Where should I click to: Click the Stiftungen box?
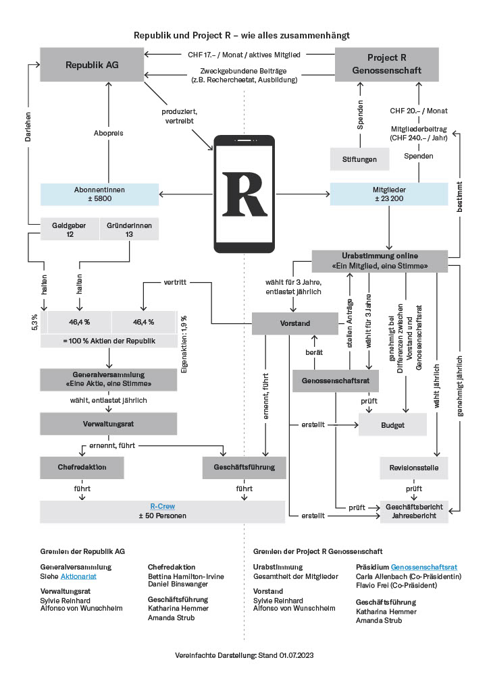pos(363,160)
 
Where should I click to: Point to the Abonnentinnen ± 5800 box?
pos(99,194)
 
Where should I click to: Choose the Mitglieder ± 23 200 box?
pos(388,194)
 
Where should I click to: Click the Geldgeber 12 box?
pos(70,229)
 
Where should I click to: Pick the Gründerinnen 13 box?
pos(129,229)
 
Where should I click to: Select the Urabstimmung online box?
pos(380,260)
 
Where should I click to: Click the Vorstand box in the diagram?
pos(294,323)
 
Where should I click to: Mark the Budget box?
pos(392,425)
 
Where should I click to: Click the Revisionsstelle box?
pos(414,468)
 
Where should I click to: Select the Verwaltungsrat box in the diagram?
pos(108,424)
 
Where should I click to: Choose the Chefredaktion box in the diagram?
pos(82,467)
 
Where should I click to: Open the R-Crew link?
pos(162,506)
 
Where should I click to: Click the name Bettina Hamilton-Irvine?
pos(186,577)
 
